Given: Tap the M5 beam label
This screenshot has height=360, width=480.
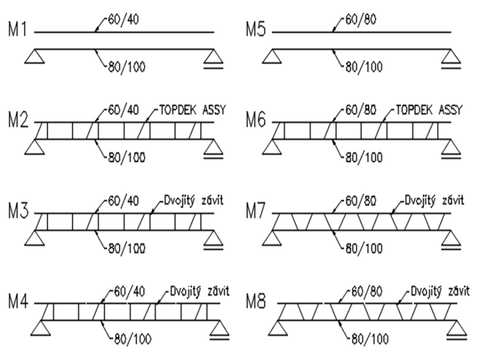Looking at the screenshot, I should pos(256,30).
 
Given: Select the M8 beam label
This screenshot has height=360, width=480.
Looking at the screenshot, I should pos(258,302).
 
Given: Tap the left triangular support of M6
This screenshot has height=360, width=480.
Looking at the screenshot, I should pos(273,147).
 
